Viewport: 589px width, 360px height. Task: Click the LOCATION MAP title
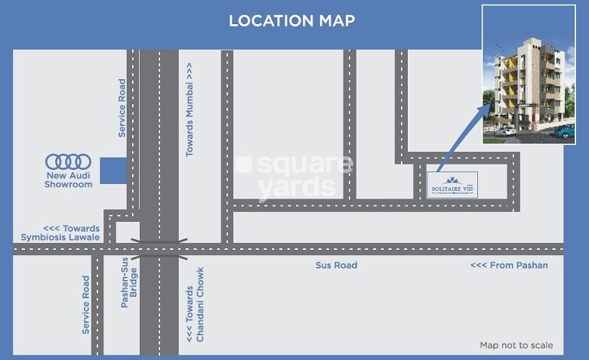pos(291,20)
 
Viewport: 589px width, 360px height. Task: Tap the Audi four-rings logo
pos(68,162)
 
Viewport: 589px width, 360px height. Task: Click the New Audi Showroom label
pos(68,180)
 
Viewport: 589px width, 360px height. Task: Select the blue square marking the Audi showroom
pos(113,170)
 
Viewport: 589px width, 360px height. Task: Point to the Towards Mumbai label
pos(190,110)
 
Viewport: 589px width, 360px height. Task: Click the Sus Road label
pos(336,266)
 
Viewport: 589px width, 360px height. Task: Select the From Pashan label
pos(509,266)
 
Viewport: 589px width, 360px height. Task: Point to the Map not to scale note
pos(517,346)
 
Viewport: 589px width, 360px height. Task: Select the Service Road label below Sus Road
pos(85,306)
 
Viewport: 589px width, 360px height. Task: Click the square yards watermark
pos(294,175)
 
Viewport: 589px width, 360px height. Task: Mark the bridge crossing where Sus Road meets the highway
pos(159,248)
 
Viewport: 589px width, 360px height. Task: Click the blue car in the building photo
pos(564,131)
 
